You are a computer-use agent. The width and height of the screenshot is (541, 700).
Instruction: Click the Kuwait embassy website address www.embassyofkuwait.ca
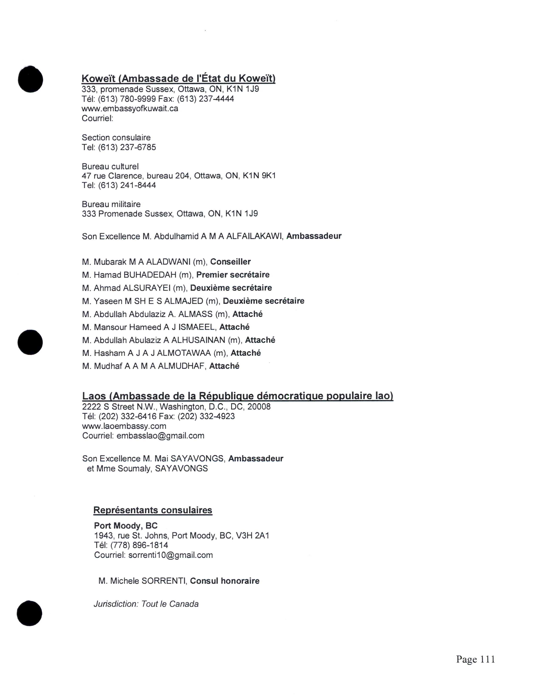[130, 108]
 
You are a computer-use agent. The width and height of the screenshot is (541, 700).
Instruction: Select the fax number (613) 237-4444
[205, 99]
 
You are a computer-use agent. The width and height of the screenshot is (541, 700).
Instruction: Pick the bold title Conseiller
[230, 262]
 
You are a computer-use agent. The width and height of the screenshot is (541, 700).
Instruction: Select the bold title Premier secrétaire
[233, 275]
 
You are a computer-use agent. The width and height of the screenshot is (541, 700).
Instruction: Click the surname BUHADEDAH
[150, 275]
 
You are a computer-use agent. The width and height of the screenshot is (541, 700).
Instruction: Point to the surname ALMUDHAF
[181, 366]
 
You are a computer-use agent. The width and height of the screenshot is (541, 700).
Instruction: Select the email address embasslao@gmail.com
[160, 435]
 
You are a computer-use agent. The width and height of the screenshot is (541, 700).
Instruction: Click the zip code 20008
[259, 407]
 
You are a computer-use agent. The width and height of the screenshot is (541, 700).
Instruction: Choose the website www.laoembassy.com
[124, 426]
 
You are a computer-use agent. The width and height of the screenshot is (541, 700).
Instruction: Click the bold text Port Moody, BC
[126, 526]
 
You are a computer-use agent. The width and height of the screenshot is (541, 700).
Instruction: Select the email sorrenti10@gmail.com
[171, 555]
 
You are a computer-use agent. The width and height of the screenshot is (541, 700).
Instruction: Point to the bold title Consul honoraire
[225, 581]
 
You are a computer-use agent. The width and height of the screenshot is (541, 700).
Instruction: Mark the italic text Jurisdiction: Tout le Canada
[146, 604]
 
